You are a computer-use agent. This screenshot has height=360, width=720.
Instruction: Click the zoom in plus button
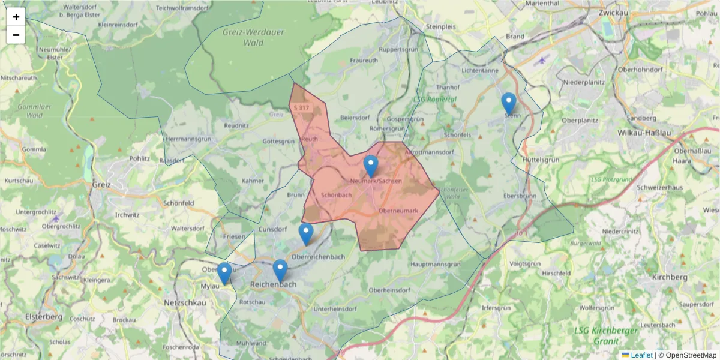[x=16, y=17]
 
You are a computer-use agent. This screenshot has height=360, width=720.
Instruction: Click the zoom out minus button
[x=16, y=35]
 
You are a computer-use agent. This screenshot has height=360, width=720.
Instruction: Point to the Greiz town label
[x=101, y=185]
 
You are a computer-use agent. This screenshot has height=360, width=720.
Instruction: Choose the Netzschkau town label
[x=185, y=304]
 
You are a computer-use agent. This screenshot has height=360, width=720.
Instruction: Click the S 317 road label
[x=301, y=108]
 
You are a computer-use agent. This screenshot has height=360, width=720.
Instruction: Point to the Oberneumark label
[x=398, y=210]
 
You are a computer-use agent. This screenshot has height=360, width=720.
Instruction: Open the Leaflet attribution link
[x=641, y=355]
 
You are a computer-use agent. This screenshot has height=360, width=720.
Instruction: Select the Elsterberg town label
[x=43, y=316]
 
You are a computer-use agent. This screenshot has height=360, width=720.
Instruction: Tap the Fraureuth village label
[x=364, y=61]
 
